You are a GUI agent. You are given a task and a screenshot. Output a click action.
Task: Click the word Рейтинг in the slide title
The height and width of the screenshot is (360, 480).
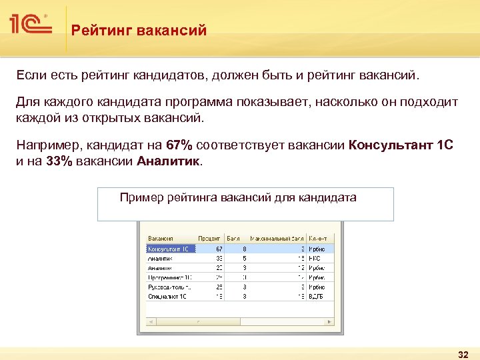click(x=97, y=30)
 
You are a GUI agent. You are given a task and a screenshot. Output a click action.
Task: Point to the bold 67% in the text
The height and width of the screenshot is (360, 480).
click(x=179, y=145)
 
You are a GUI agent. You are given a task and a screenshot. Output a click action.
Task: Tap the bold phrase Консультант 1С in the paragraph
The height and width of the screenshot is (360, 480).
click(x=401, y=145)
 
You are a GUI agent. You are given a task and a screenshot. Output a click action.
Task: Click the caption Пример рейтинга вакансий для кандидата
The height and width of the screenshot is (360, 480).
click(x=237, y=197)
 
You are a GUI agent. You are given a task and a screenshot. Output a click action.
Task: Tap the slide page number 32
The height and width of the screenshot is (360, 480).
click(x=463, y=353)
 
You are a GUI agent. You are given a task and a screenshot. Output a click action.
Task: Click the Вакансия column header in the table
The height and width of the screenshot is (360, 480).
click(x=161, y=238)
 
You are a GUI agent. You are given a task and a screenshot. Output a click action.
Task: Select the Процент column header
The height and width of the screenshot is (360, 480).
click(x=209, y=238)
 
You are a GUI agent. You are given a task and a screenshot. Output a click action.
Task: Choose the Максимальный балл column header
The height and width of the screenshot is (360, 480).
click(x=277, y=238)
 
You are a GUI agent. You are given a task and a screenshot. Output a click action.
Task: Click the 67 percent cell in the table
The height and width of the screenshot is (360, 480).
click(x=219, y=248)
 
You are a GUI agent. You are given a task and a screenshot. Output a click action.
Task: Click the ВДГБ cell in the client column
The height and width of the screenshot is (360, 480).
click(x=316, y=295)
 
